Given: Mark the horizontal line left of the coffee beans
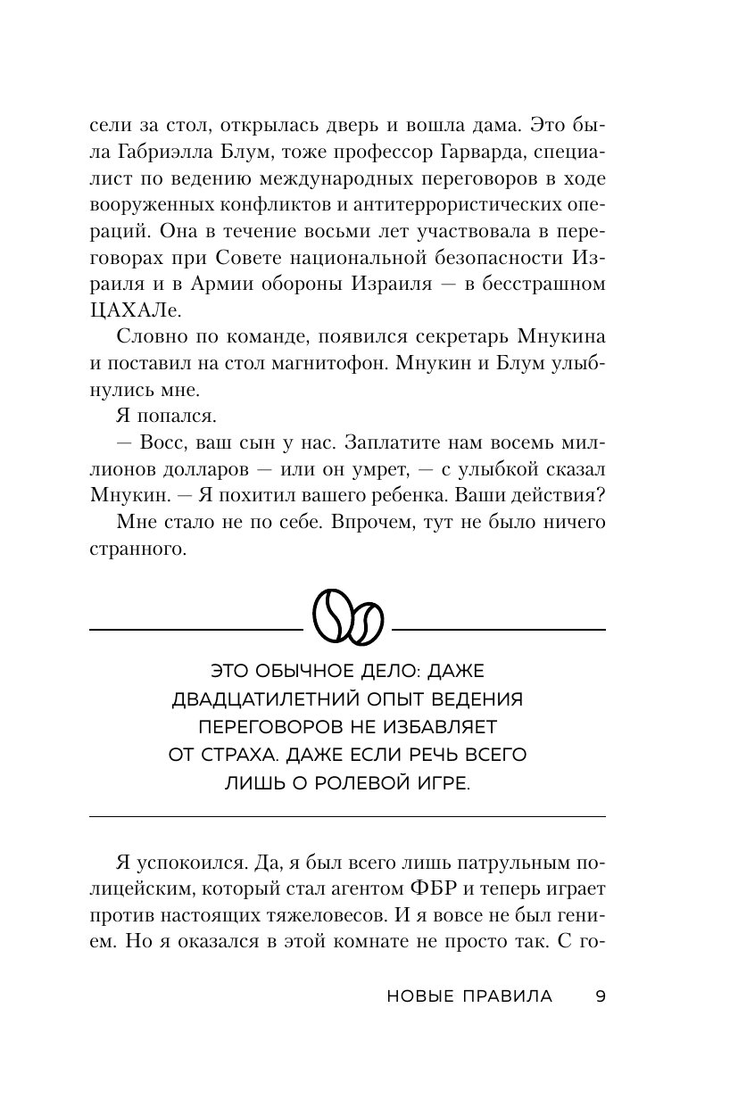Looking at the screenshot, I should [196, 630].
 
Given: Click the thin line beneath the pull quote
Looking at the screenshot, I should [348, 817].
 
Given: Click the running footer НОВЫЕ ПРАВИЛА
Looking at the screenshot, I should [470, 996].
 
